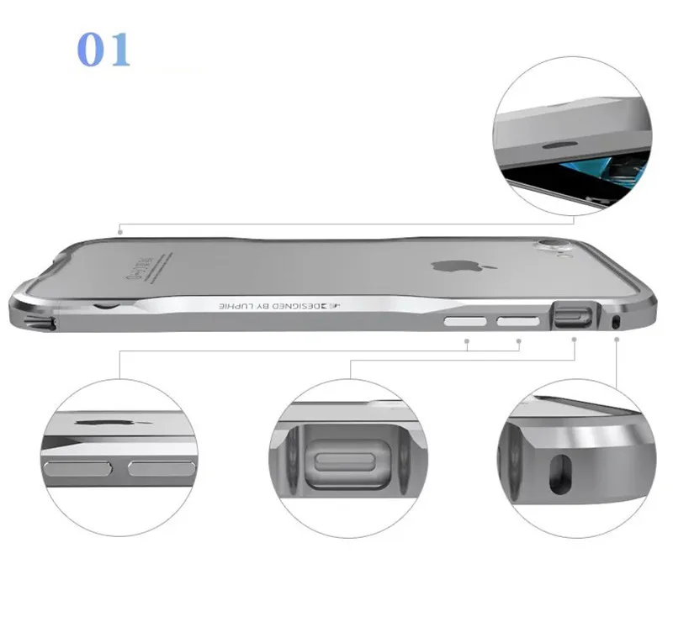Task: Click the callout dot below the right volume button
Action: point(518,340)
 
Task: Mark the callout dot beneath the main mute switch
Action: point(575,340)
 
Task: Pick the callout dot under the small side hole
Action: point(618,340)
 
